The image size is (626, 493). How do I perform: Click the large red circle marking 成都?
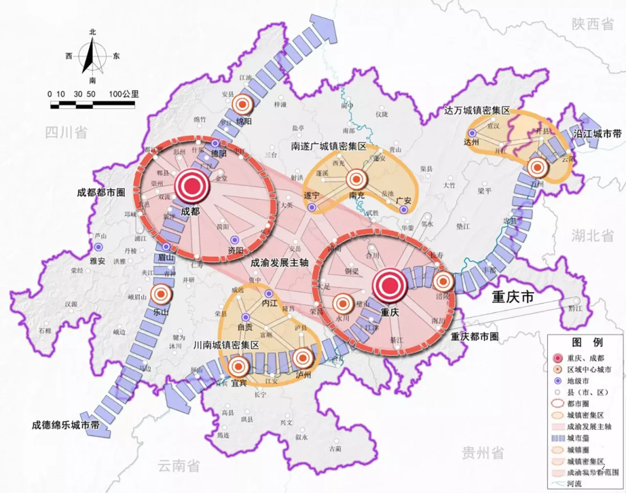point(192,186)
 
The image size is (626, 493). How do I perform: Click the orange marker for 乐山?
point(161,294)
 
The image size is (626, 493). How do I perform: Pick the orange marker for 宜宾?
point(239,367)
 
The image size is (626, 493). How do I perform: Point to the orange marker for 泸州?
point(303,359)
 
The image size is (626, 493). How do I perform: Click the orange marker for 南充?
point(357,179)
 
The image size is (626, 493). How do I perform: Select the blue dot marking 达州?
point(472,133)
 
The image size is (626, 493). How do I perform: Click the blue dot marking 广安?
point(403,209)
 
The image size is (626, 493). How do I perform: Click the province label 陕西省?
point(592,23)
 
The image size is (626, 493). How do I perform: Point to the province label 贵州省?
point(483,453)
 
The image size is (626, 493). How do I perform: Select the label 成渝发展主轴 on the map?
point(280,263)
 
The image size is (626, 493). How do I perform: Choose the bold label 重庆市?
point(513,297)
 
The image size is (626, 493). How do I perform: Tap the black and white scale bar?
point(92,104)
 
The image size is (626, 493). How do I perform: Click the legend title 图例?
point(587,342)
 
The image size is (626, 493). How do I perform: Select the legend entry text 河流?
point(575,484)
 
